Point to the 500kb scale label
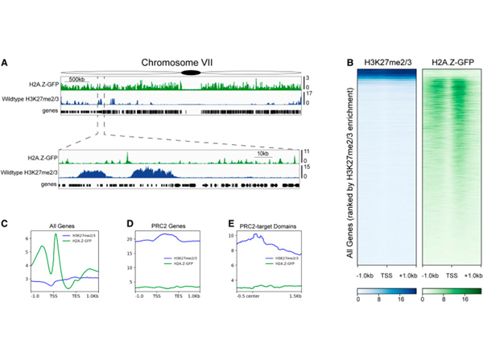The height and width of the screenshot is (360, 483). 77,80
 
